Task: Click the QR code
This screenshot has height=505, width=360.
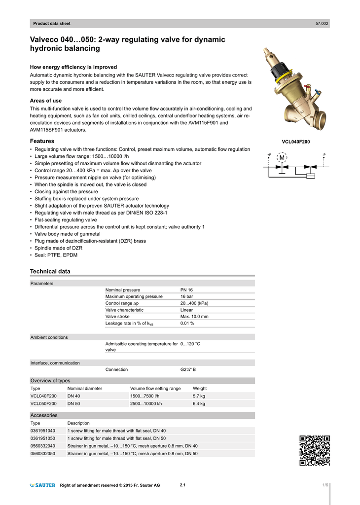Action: [x=315, y=451]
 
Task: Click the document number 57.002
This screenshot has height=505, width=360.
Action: [x=322, y=24]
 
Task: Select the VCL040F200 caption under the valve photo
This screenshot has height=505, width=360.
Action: [x=296, y=142]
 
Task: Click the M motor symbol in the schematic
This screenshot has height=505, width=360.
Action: [x=282, y=157]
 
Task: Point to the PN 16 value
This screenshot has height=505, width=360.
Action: [x=187, y=290]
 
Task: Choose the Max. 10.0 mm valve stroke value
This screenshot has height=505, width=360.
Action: [x=194, y=317]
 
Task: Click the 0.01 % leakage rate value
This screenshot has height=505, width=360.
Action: [x=187, y=324]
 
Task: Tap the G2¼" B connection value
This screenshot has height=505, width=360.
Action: [x=188, y=369]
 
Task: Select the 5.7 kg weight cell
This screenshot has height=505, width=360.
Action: [x=199, y=396]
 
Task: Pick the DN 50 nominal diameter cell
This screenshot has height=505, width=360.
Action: [x=74, y=403]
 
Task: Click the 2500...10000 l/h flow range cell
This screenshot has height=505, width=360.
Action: [x=146, y=403]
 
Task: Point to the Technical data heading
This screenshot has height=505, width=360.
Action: [x=50, y=271]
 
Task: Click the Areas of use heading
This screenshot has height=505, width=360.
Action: [x=46, y=101]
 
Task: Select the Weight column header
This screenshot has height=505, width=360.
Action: [x=200, y=389]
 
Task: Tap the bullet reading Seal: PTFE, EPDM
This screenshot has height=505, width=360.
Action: [x=56, y=255]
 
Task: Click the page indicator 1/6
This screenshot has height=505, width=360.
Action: [x=325, y=486]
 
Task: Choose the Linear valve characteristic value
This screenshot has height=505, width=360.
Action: [x=186, y=310]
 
